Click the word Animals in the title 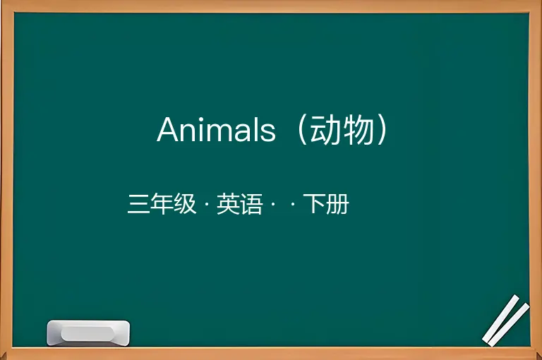click(217, 129)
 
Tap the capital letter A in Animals click(169, 129)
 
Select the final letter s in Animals click(269, 133)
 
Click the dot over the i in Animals click(206, 119)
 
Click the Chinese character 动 click(323, 130)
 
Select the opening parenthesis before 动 click(302, 130)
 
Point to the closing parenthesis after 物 click(382, 130)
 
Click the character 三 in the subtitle click(138, 204)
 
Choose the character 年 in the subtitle click(162, 204)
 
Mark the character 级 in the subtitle click(185, 204)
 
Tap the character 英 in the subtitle click(228, 204)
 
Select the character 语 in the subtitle click(251, 204)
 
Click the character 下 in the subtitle click(315, 204)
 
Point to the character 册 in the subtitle click(338, 204)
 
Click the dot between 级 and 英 click(207, 204)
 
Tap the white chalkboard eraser click(88, 333)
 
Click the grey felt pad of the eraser click(88, 334)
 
